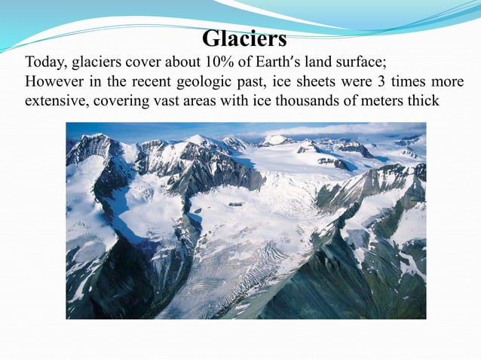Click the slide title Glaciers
click(x=245, y=38)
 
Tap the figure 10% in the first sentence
click(x=210, y=63)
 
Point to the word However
click(x=52, y=81)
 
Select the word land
click(x=314, y=63)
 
